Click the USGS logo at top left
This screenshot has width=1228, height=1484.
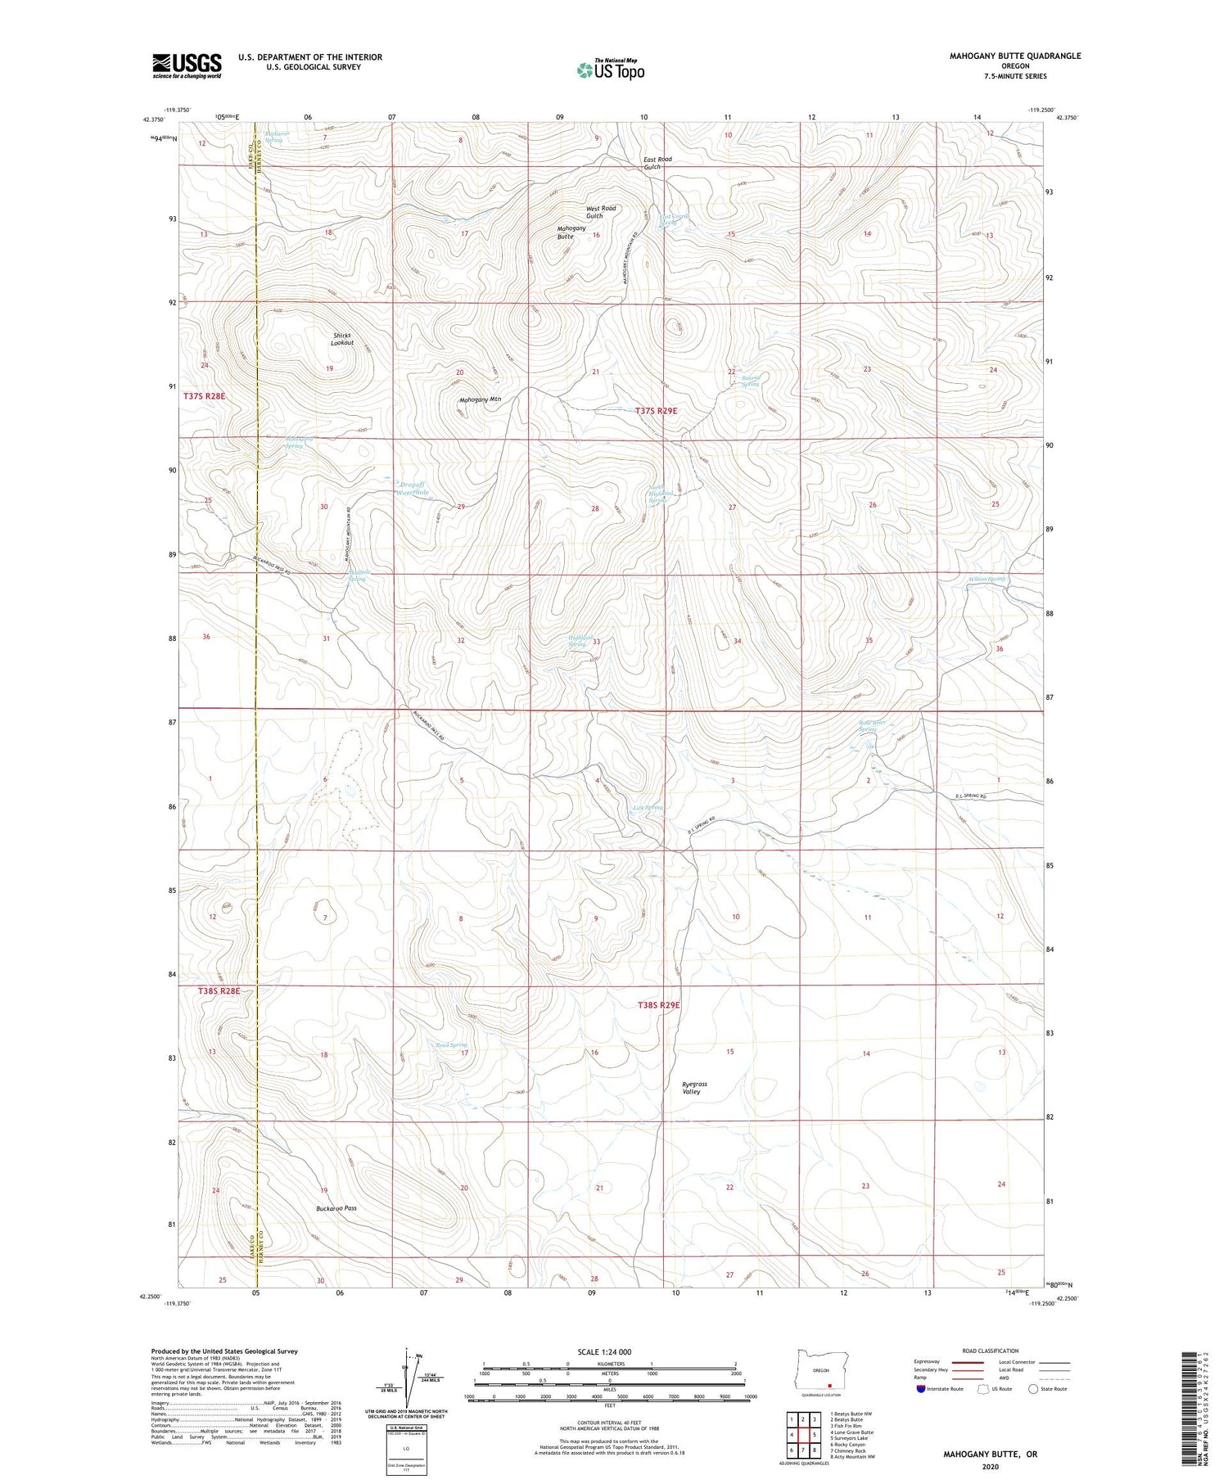[187, 65]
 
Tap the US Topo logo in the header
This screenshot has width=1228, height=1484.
[610, 70]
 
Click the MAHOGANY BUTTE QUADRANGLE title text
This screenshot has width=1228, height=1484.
[1003, 56]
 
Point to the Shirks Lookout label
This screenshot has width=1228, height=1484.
[342, 339]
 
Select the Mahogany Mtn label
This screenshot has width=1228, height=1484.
[480, 399]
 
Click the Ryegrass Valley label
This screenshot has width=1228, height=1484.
[694, 1087]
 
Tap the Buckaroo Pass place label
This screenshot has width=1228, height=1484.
[336, 1208]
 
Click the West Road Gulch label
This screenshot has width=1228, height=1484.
[600, 212]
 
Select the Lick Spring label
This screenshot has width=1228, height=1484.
[648, 807]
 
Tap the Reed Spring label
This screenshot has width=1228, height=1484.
[451, 1045]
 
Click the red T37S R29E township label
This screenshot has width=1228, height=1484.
[657, 411]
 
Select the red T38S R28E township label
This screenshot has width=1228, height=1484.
[219, 990]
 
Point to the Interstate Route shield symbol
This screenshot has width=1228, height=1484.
[921, 1389]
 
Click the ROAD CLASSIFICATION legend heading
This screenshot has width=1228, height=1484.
[991, 1351]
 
